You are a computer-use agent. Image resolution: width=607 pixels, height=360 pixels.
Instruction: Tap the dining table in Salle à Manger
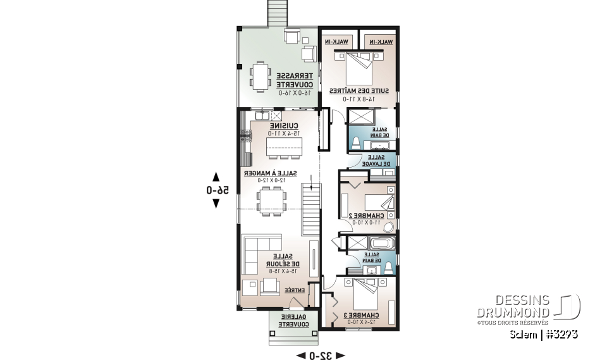[271, 201]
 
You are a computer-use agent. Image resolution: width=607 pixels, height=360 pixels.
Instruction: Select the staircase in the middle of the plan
[309, 209]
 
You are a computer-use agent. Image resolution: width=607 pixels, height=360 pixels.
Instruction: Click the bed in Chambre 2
[380, 202]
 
